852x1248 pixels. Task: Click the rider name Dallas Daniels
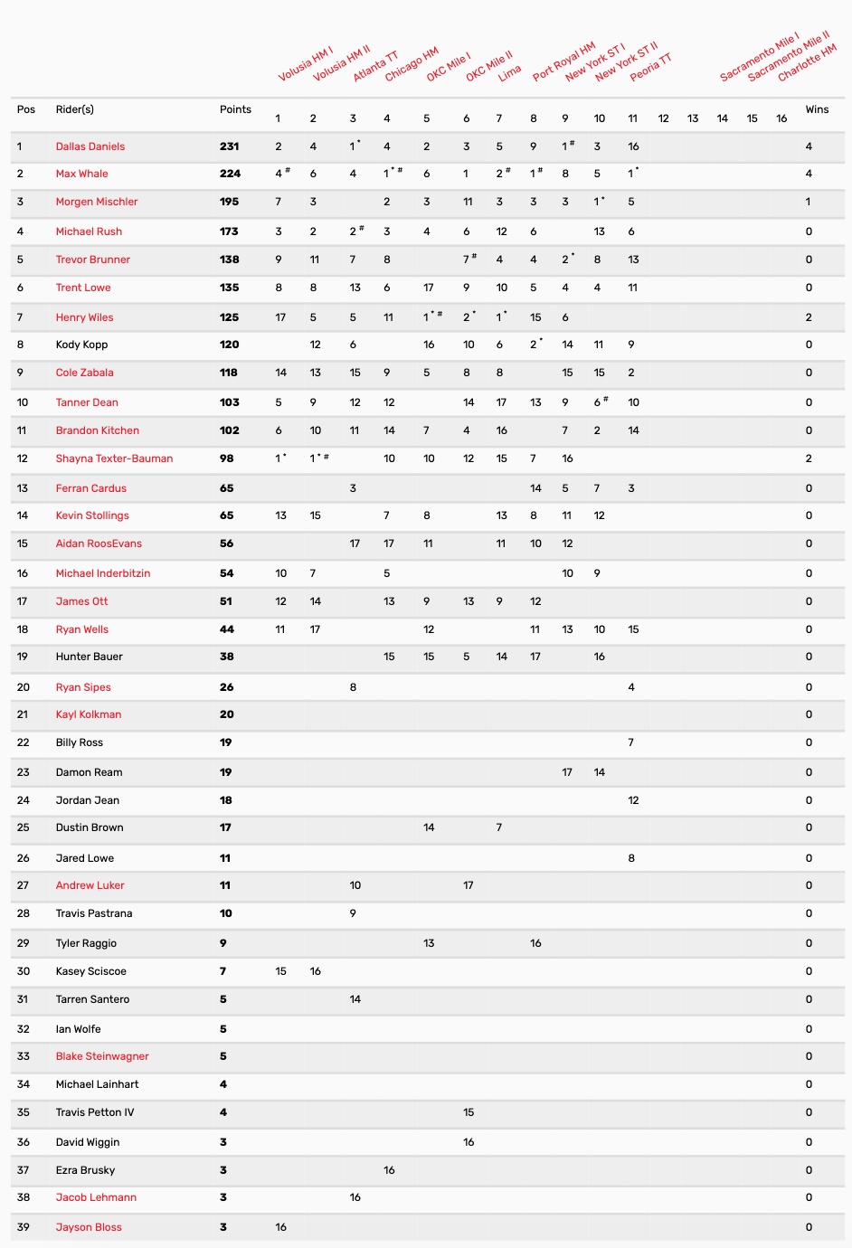point(90,147)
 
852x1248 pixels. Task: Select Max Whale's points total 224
point(230,174)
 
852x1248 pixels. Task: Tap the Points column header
point(235,109)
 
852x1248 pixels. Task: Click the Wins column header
point(817,109)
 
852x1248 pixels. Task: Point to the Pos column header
point(26,109)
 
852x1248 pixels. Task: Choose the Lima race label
point(510,72)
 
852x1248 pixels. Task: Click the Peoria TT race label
point(651,67)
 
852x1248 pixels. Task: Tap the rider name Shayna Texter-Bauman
point(114,459)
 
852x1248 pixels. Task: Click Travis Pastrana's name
point(94,913)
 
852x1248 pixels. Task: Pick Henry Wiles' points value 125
point(230,317)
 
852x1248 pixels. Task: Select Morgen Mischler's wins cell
point(808,202)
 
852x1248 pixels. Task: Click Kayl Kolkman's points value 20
point(226,714)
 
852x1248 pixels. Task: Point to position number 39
point(24,1227)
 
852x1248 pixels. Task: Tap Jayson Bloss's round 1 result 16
point(281,1227)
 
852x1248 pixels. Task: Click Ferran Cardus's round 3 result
point(353,488)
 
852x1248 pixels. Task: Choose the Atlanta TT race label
point(375,66)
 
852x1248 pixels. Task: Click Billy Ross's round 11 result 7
point(630,742)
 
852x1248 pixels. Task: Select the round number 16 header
point(781,118)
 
